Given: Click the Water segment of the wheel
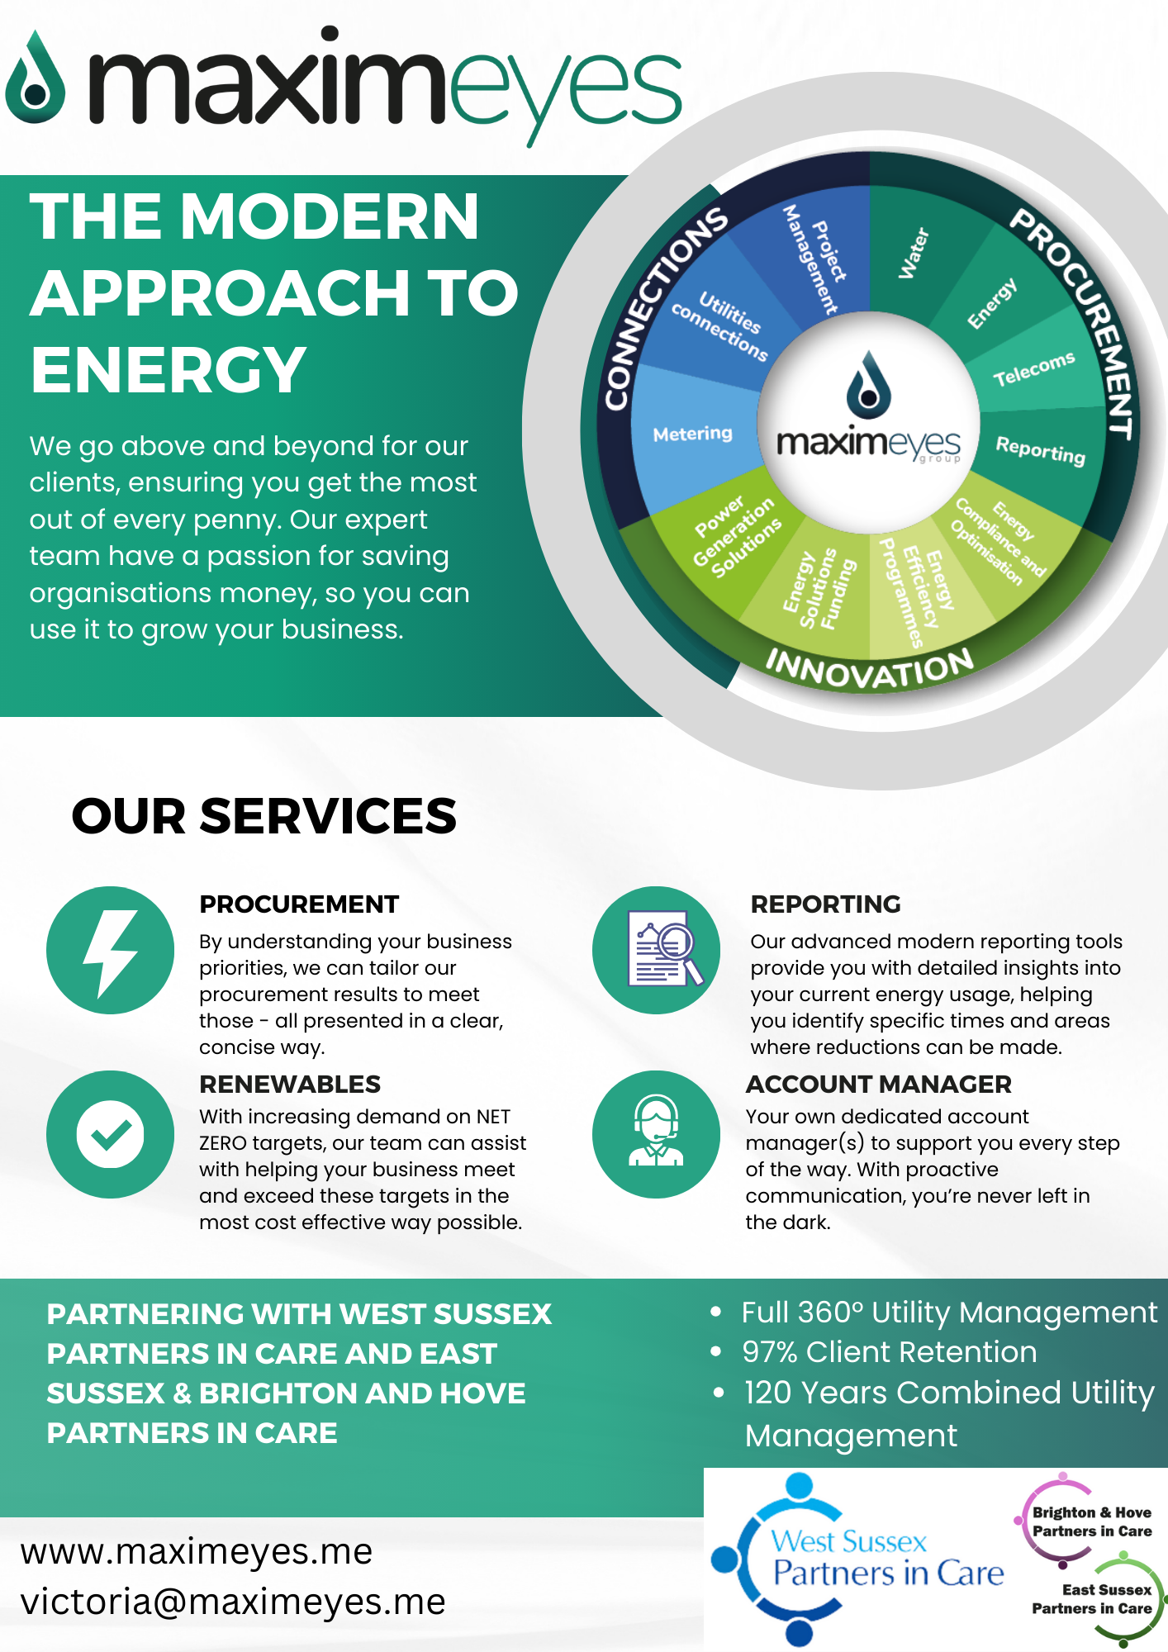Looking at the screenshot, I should (x=914, y=254).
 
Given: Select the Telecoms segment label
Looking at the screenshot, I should (x=1033, y=368).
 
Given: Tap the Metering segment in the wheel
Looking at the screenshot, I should (x=692, y=434).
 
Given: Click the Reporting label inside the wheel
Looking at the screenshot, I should (x=1040, y=450).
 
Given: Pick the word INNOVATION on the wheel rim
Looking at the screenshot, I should (x=869, y=669).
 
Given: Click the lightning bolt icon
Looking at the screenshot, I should (x=110, y=951).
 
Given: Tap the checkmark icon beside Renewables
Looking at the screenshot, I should (x=110, y=1134).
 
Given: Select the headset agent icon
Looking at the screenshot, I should (x=656, y=1134).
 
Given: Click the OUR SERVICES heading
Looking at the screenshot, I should (x=264, y=816).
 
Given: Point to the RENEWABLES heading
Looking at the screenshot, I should (x=290, y=1084).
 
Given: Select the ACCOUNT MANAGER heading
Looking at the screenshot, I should (x=878, y=1084).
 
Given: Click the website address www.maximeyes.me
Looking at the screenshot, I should (x=197, y=1551).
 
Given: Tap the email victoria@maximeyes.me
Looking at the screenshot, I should (x=233, y=1602).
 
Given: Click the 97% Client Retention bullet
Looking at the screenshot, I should (x=889, y=1352).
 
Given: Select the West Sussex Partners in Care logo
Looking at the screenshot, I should (x=859, y=1558).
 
